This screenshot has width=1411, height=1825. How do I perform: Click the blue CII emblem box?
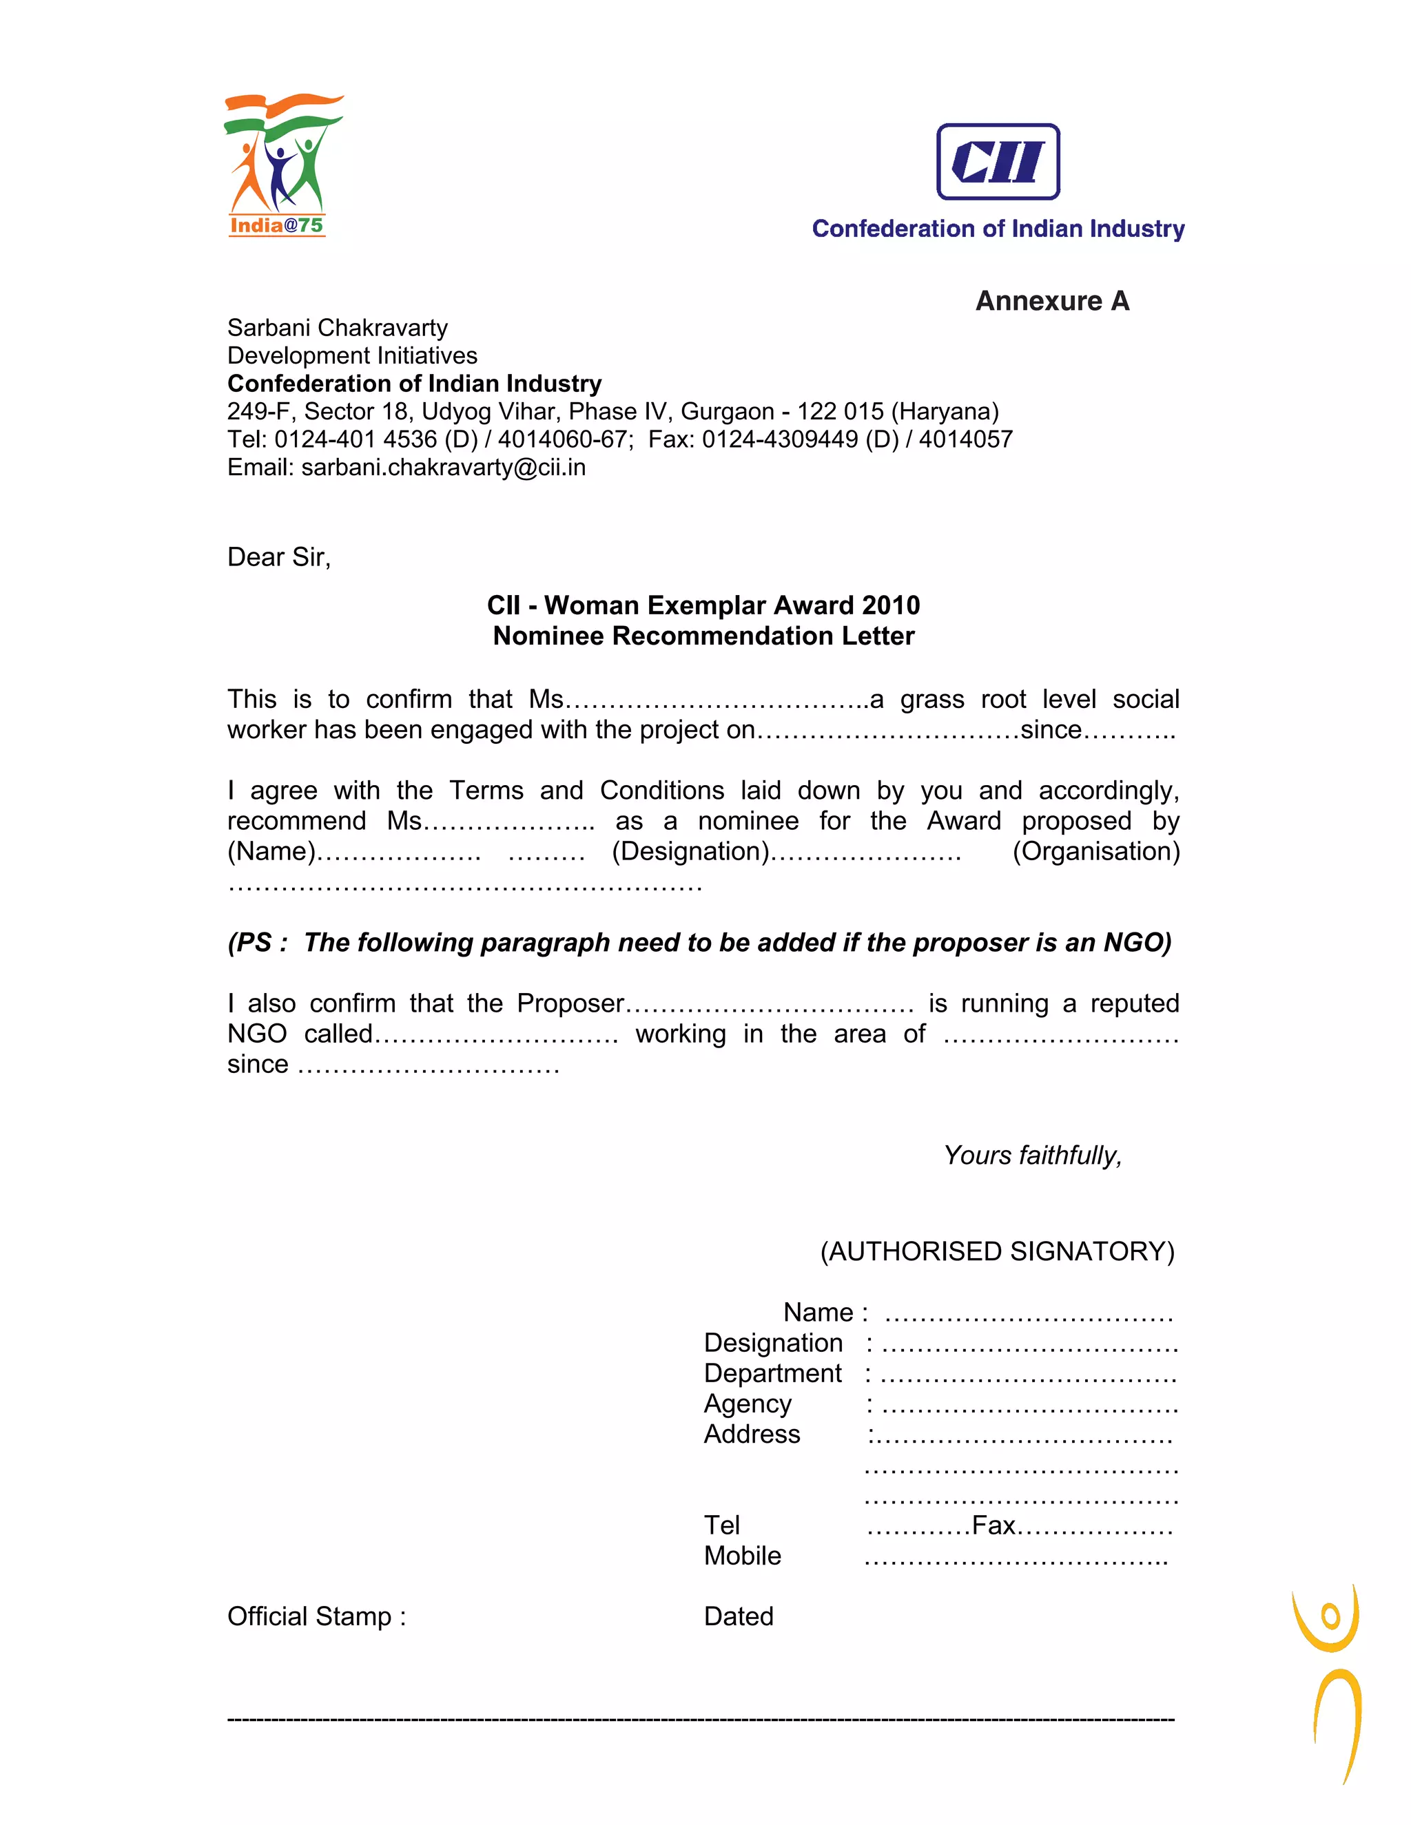(998, 162)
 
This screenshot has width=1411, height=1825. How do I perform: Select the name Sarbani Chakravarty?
(337, 328)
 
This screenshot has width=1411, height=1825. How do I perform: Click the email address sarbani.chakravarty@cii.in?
(443, 467)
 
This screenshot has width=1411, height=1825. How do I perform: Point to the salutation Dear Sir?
(278, 557)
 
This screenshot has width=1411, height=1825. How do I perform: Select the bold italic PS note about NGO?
(699, 943)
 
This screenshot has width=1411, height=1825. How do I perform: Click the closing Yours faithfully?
(1032, 1156)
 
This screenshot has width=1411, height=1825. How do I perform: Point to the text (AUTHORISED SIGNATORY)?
(997, 1251)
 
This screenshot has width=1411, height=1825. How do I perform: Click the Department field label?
(772, 1373)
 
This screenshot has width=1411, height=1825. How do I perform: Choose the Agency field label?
(748, 1403)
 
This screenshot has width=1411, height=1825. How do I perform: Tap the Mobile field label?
(742, 1555)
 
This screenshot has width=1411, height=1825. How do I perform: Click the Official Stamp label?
(316, 1616)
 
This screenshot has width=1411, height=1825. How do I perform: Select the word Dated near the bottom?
(738, 1616)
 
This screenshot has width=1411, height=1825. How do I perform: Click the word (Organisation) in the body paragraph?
(1096, 851)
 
